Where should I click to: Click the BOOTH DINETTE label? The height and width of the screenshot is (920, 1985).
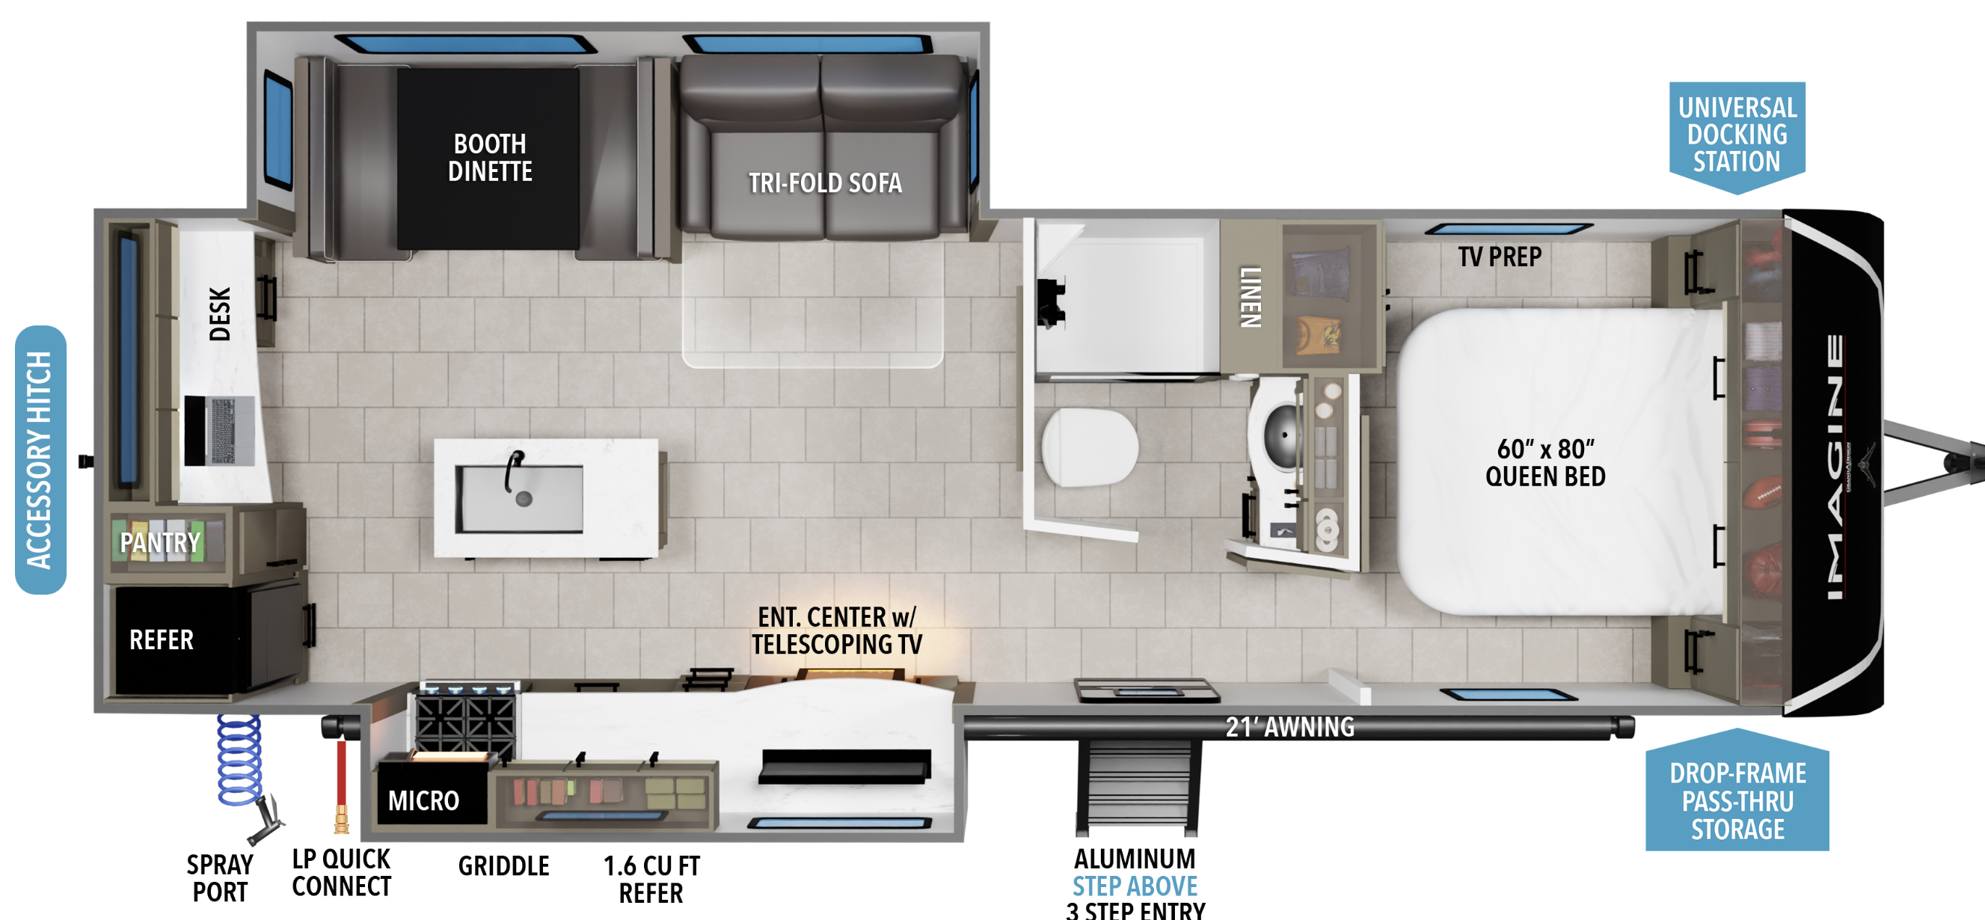490,157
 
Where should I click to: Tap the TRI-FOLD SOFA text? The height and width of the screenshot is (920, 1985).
825,183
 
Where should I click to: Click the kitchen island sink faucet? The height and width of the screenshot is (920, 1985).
513,470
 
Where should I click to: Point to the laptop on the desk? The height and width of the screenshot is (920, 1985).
220,431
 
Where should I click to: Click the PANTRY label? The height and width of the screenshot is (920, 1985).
159,542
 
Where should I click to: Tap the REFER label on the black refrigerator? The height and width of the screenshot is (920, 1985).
161,640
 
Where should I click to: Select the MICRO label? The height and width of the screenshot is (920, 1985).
424,800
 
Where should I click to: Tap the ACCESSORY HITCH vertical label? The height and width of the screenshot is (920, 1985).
40,460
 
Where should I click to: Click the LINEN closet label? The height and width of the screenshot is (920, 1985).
1250,297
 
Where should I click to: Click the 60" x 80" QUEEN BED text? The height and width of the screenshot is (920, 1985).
1546,462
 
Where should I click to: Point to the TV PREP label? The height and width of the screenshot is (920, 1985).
1500,257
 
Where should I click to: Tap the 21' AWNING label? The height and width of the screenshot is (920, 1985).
1290,726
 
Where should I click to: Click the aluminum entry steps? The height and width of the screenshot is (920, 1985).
1138,786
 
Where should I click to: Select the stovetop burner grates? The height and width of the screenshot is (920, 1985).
465,720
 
